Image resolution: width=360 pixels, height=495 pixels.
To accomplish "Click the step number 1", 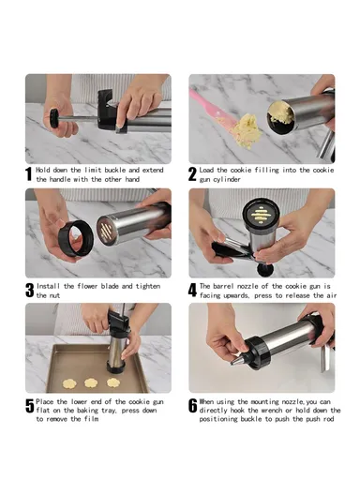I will [x=29, y=174].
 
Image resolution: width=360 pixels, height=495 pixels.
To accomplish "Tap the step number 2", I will [x=193, y=174].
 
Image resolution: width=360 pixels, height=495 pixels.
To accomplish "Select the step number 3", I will [x=29, y=290].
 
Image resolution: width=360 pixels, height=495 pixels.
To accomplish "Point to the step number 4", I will [x=193, y=290].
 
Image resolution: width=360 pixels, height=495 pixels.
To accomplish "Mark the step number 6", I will [x=193, y=406].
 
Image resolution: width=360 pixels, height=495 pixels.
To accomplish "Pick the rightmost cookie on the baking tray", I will [x=112, y=382].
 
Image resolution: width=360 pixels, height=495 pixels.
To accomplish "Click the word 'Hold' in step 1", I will [x=44, y=170].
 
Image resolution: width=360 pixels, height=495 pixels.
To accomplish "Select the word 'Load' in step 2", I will [x=209, y=170].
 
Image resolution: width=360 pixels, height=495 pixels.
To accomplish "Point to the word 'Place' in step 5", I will [x=46, y=400].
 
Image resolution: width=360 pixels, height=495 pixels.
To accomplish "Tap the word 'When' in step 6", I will [x=208, y=400].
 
